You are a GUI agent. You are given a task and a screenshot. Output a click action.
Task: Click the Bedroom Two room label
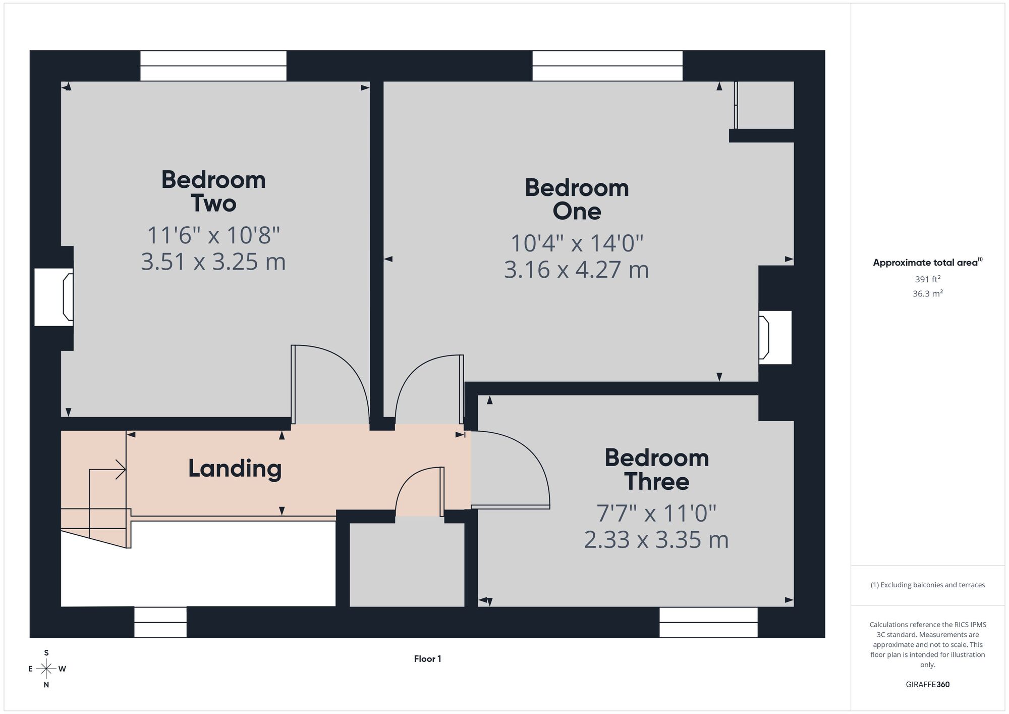pyautogui.click(x=213, y=192)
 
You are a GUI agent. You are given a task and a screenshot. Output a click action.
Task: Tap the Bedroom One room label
pyautogui.click(x=577, y=199)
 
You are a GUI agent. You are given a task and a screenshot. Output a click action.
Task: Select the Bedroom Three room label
pyautogui.click(x=656, y=470)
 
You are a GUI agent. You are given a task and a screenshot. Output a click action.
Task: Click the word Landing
pyautogui.click(x=235, y=469)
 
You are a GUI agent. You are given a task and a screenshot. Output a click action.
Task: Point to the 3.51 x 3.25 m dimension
pyautogui.click(x=213, y=262)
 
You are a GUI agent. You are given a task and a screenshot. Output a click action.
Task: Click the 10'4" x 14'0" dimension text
pyautogui.click(x=577, y=243)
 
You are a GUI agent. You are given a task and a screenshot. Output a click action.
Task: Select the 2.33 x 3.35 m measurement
pyautogui.click(x=656, y=539)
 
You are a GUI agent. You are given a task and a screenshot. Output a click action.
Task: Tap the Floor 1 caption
pyautogui.click(x=427, y=658)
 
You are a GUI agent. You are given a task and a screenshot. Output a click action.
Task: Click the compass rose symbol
pyautogui.click(x=46, y=669)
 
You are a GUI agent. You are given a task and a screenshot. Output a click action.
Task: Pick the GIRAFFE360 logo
pyautogui.click(x=927, y=685)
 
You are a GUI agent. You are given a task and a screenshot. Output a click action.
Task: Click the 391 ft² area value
pyautogui.click(x=927, y=279)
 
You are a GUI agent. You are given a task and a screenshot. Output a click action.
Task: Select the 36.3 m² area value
pyautogui.click(x=927, y=293)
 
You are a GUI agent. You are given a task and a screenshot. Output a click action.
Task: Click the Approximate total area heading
pyautogui.click(x=927, y=262)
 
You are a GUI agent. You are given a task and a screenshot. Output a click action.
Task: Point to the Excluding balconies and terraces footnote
pyautogui.click(x=927, y=585)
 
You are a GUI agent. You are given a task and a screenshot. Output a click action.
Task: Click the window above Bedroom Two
pyautogui.click(x=213, y=66)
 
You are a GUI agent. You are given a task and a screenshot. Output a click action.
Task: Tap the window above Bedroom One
pyautogui.click(x=607, y=66)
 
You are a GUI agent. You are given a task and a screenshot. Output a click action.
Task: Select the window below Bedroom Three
pyautogui.click(x=708, y=622)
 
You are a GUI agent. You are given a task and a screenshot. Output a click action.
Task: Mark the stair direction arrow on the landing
pyautogui.click(x=107, y=470)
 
